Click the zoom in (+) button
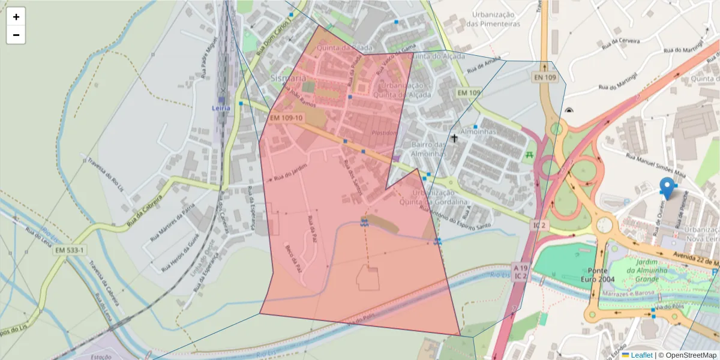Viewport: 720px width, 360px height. click(x=16, y=17)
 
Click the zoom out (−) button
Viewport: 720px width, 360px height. click(x=16, y=35)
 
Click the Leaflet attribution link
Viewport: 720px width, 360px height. click(x=641, y=355)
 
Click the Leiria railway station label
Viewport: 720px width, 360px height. click(x=221, y=108)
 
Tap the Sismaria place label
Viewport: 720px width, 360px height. click(x=288, y=78)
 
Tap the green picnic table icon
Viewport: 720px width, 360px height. click(x=529, y=155)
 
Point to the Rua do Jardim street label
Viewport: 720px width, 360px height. click(x=290, y=172)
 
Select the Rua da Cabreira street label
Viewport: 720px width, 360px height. click(x=144, y=210)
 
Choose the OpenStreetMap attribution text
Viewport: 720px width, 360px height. click(x=687, y=355)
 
